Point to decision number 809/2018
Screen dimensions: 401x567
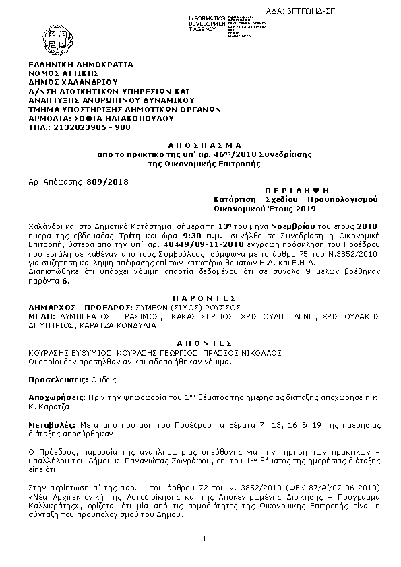pyautogui.click(x=108, y=182)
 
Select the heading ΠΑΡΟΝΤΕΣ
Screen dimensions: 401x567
pyautogui.click(x=200, y=297)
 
